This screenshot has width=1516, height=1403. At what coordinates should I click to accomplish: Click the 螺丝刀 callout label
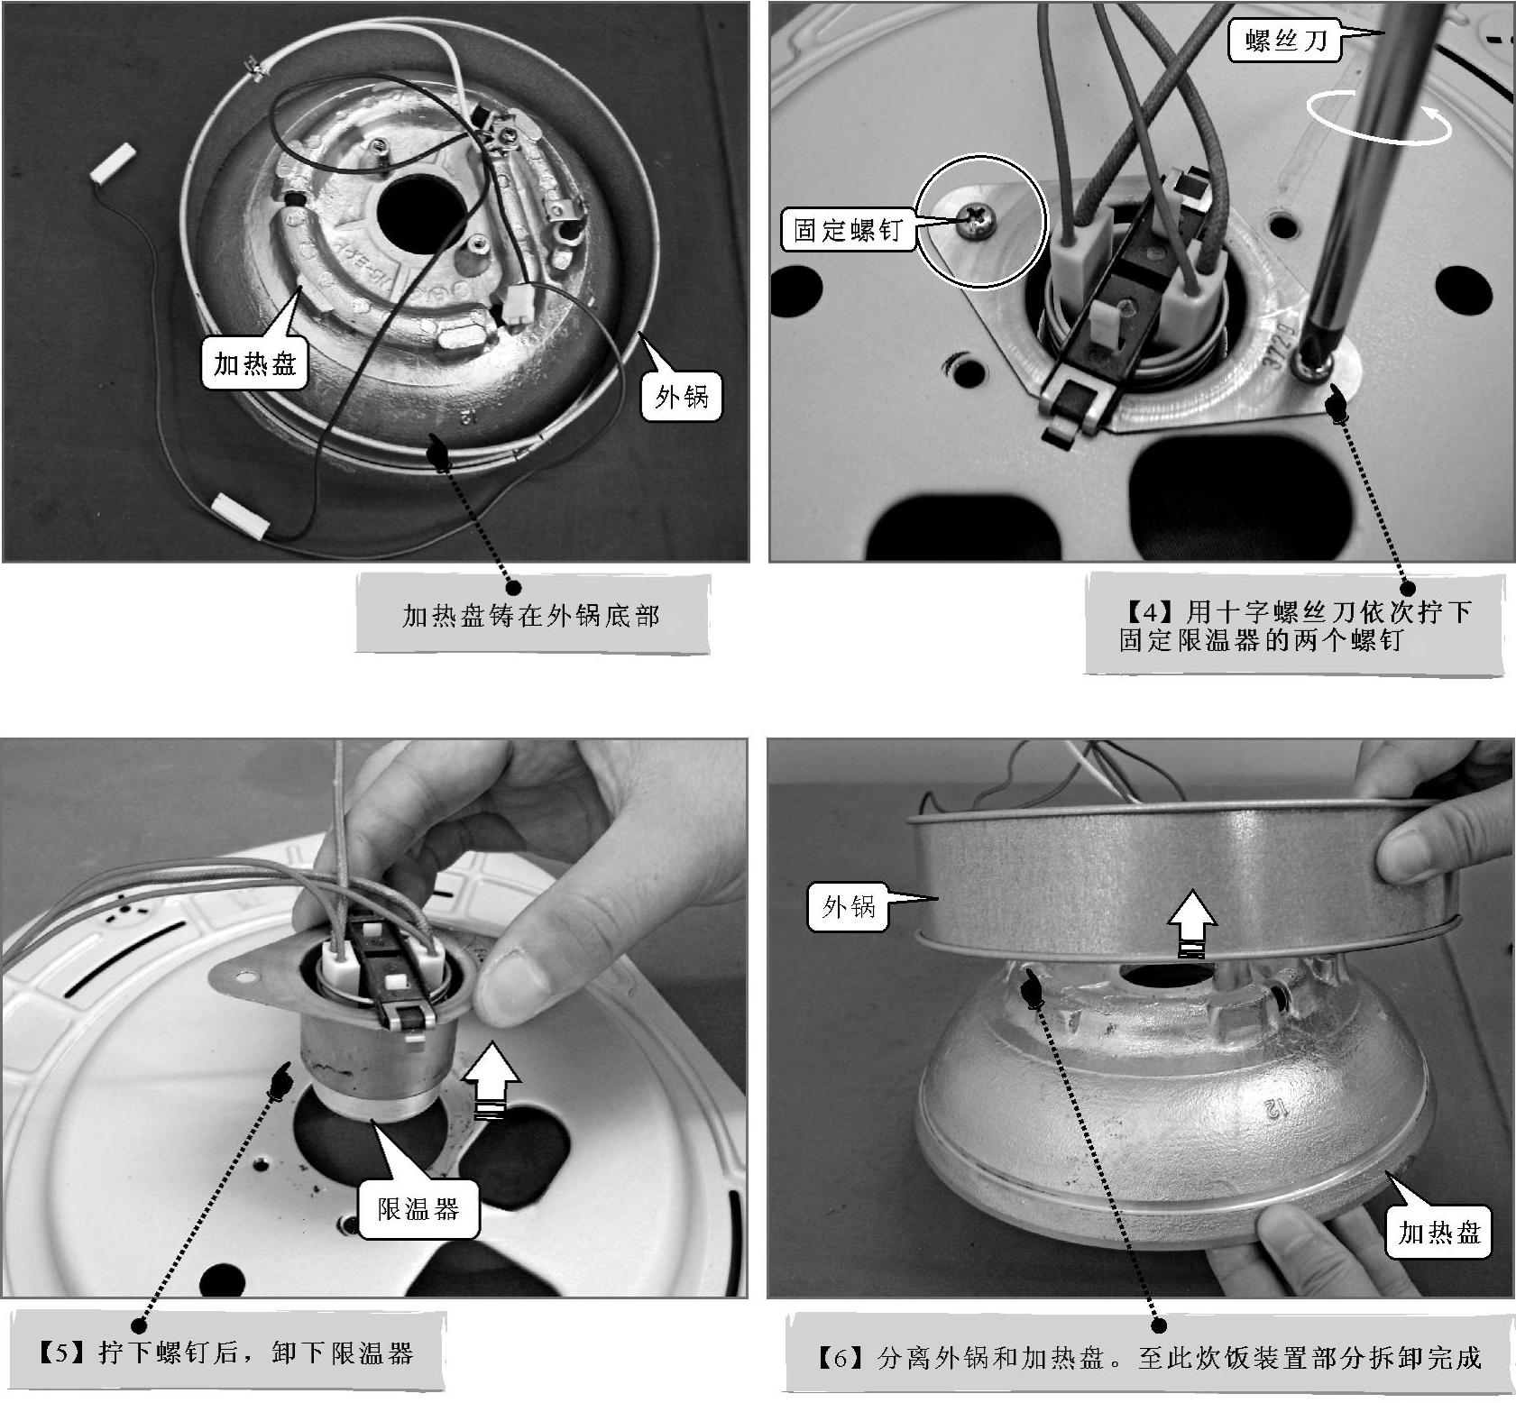click(1285, 39)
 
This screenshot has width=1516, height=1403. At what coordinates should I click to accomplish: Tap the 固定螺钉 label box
click(847, 229)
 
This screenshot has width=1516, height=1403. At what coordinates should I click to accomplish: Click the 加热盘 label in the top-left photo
click(254, 364)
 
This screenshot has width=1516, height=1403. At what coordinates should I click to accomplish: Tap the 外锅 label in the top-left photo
click(682, 396)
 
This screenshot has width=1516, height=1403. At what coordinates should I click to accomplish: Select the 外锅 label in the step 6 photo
click(848, 906)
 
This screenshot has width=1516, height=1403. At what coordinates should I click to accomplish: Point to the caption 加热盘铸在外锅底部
click(531, 616)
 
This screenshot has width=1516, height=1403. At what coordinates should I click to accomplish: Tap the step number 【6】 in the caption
click(838, 1357)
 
